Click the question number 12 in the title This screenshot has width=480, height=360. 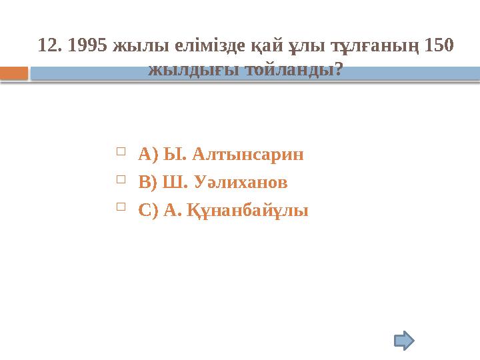pos(49,45)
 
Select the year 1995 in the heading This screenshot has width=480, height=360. pos(87,45)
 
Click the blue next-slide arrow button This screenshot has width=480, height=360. pos(404,341)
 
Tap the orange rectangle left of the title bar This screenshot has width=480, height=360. pos(14,73)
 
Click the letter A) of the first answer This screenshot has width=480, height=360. pos(147,155)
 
